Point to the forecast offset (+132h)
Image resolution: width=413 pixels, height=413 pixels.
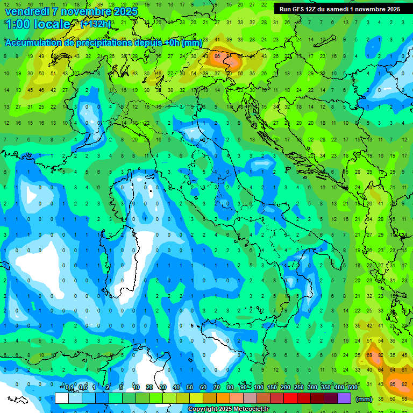pyautogui.click(x=95, y=24)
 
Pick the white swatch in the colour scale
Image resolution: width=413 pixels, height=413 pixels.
pyautogui.click(x=62, y=398)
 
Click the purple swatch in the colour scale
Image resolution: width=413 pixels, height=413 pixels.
pyautogui.click(x=344, y=398)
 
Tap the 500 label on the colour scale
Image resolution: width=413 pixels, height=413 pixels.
pyautogui.click(x=353, y=388)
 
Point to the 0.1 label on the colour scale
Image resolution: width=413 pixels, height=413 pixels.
pyautogui.click(x=70, y=388)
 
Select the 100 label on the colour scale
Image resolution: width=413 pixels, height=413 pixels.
pyautogui.click(x=258, y=388)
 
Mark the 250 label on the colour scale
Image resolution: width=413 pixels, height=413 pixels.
pyautogui.click(x=298, y=388)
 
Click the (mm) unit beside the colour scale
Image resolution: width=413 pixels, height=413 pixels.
pyautogui.click(x=364, y=399)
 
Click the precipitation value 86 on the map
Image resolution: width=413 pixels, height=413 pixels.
pyautogui.click(x=217, y=56)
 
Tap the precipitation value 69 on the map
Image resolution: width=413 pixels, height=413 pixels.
pyautogui.click(x=370, y=355)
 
